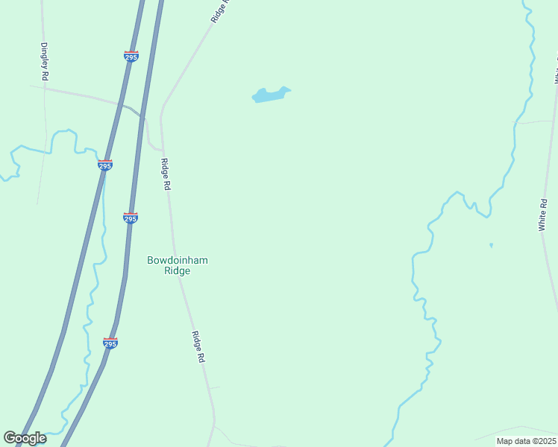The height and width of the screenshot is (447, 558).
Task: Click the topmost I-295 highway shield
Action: coord(131,57)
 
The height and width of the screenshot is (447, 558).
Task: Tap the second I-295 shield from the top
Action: coord(105,165)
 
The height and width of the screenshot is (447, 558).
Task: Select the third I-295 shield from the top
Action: coord(130,218)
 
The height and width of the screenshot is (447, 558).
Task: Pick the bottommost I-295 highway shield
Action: coord(110,343)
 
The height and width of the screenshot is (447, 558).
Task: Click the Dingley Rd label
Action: coord(45,61)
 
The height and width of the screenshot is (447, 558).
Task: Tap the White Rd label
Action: coord(544,215)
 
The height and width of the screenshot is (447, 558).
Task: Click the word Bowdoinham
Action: coord(178,260)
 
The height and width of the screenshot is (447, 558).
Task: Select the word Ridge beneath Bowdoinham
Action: coord(178,271)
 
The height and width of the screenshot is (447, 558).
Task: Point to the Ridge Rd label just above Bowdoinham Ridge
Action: coord(166,176)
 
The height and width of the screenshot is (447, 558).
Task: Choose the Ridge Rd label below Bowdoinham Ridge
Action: coord(198,347)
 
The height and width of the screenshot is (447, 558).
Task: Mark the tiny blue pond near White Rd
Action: coord(491,245)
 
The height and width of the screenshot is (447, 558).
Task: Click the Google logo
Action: coord(25,438)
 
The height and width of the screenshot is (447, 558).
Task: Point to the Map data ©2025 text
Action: coord(526,441)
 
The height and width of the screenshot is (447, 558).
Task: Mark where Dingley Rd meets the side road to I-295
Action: coord(45,89)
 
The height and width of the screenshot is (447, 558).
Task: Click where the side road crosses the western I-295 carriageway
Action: coord(119,104)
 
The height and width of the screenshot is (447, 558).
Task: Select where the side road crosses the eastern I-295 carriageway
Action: coord(144,118)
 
